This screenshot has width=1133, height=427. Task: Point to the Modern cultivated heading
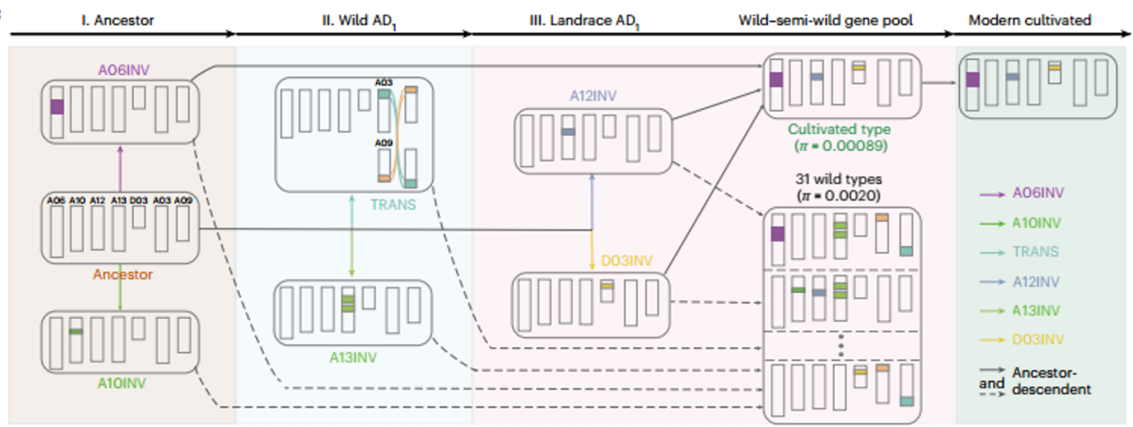point(1037,20)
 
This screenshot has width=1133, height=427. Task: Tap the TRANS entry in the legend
point(1033,252)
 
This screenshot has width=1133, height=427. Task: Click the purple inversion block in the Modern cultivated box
point(972,80)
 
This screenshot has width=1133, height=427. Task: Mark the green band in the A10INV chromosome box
point(77,331)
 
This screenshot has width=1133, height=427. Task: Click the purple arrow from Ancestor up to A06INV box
point(120,166)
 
